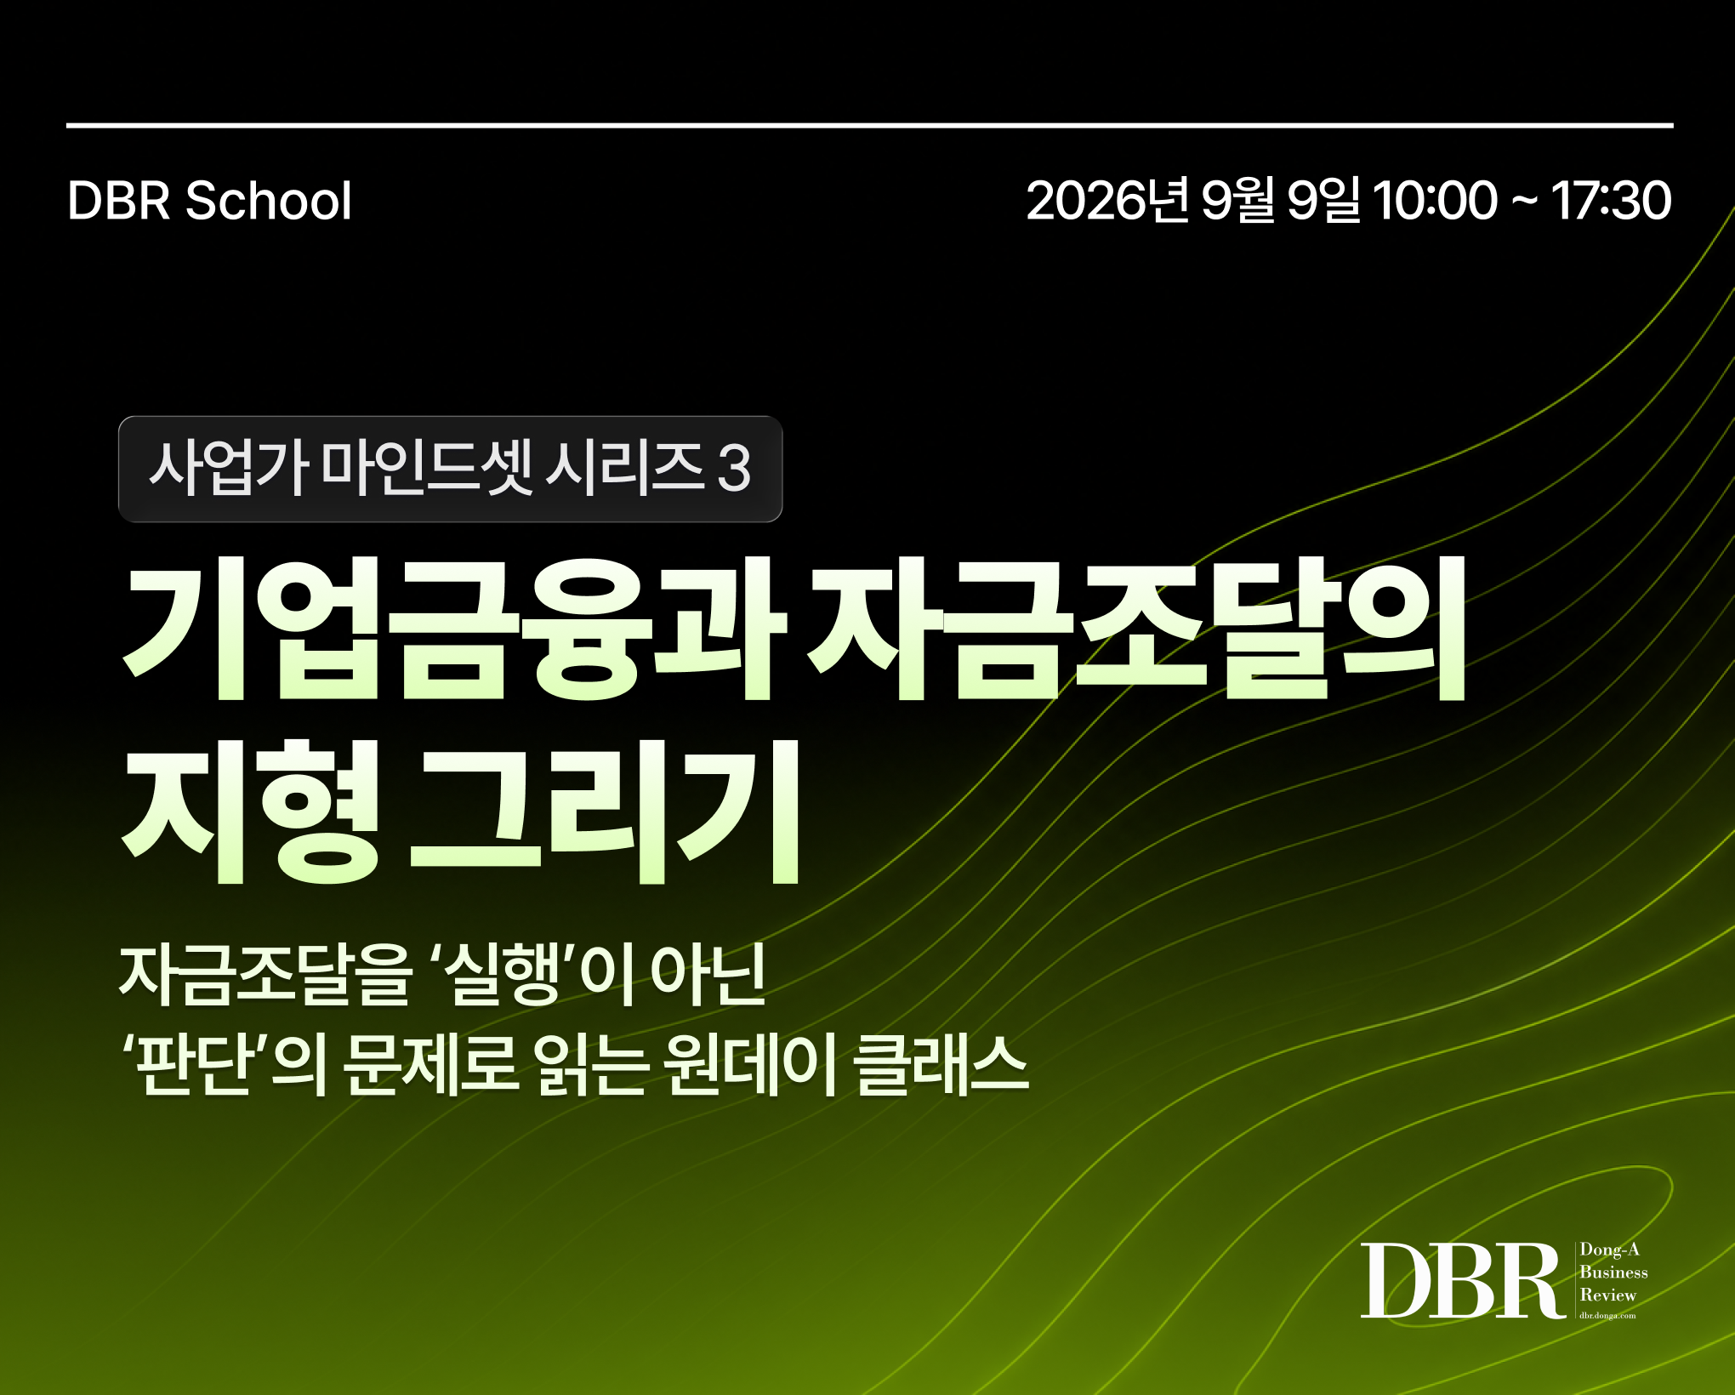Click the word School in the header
click(x=268, y=201)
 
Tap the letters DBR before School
click(x=118, y=201)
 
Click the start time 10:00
click(x=1435, y=201)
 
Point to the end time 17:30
click(x=1611, y=201)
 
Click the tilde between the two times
click(x=1524, y=202)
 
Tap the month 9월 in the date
click(x=1238, y=201)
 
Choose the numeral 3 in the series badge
click(x=734, y=469)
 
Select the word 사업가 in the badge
click(x=228, y=468)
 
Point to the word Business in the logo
click(x=1613, y=1273)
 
